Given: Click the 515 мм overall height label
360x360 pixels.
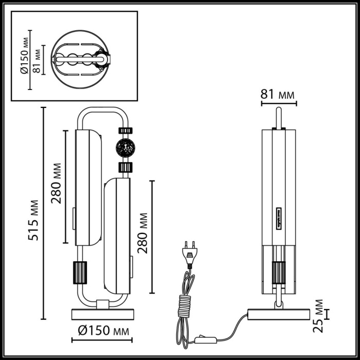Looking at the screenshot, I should (33, 220).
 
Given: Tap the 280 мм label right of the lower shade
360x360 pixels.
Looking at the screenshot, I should (143, 232).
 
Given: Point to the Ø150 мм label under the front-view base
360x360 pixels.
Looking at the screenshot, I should (101, 330).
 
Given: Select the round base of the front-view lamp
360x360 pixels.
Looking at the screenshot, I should (101, 314).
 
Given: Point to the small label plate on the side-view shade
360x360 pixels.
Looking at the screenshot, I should (278, 218).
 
